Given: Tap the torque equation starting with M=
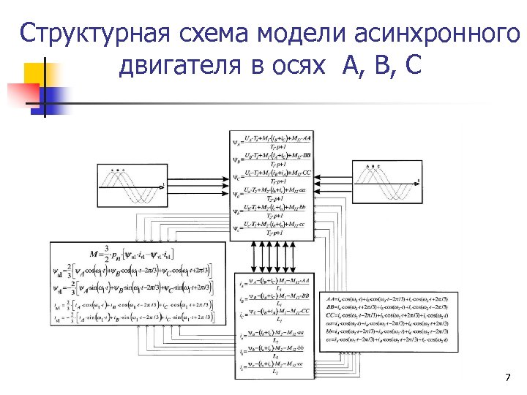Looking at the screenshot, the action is click(146, 254).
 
